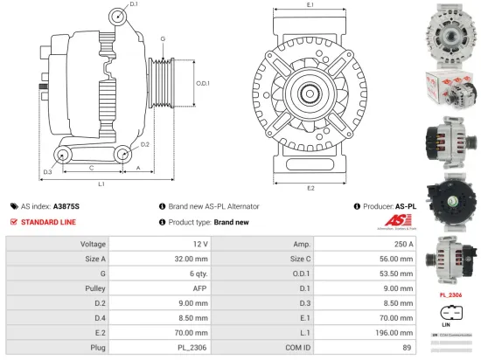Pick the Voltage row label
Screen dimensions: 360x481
[x=94, y=245]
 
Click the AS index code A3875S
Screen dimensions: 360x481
[x=66, y=206]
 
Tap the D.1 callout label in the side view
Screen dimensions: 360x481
[x=134, y=5]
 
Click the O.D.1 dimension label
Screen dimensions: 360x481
[x=202, y=83]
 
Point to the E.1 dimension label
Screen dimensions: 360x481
[x=310, y=5]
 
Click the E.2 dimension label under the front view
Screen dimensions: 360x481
[x=310, y=188]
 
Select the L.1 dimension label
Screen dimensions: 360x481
[x=101, y=184]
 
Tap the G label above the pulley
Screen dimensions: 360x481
[x=162, y=39]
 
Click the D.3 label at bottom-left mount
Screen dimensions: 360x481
[x=48, y=171]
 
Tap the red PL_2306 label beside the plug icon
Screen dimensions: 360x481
[x=450, y=295]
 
